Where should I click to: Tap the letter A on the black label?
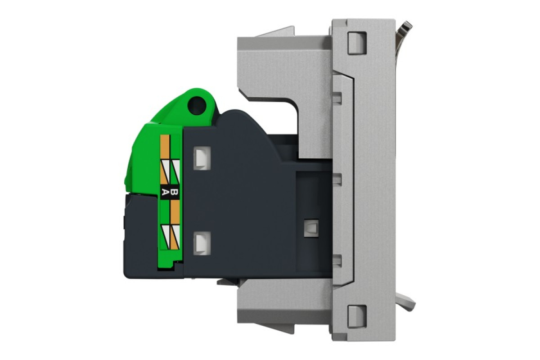point(165,193)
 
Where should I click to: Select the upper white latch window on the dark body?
point(201,157)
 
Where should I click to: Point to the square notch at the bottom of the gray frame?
point(355,312)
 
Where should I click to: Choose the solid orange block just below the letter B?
point(175,211)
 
